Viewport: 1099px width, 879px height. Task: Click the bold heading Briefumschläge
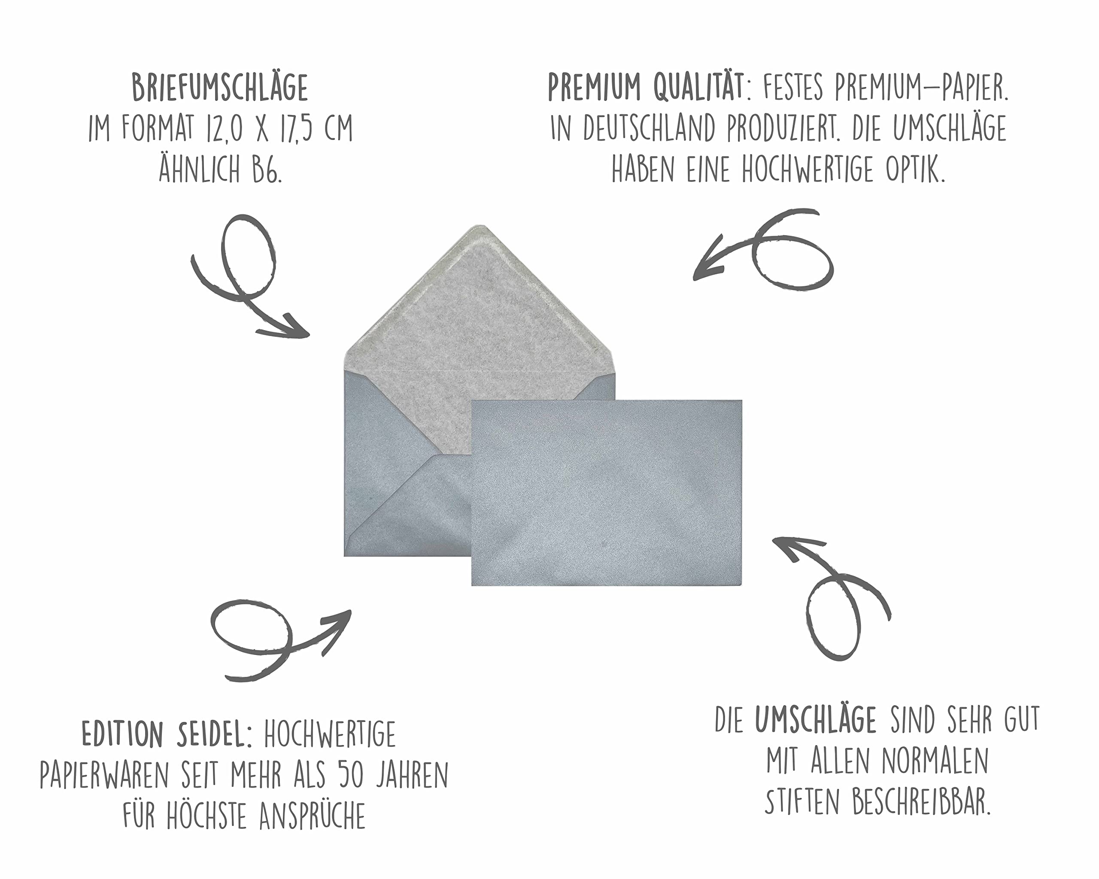click(220, 88)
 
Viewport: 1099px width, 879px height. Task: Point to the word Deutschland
click(650, 128)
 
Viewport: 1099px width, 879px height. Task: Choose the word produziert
click(783, 128)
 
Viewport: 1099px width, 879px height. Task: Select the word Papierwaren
click(104, 775)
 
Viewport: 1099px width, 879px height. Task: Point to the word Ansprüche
click(312, 816)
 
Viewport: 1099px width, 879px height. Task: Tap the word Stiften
click(801, 802)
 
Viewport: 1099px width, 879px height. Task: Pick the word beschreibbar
click(921, 802)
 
